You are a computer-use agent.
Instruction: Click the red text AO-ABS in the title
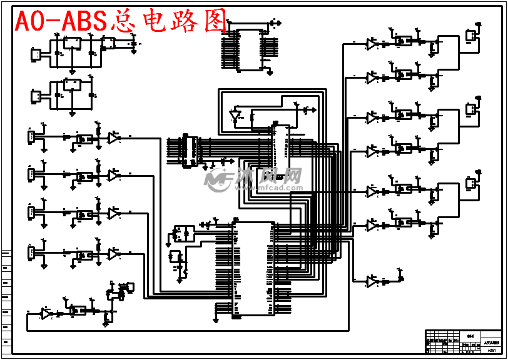point(59,22)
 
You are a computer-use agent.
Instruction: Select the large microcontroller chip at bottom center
point(253,269)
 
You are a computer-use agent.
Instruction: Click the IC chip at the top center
point(250,50)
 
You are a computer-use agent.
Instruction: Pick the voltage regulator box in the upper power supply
point(72,43)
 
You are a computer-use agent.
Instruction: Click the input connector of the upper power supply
point(36,55)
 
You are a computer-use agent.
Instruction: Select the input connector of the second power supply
point(36,96)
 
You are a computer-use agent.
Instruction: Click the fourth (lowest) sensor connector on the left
point(31,252)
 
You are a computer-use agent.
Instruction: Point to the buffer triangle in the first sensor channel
point(114,137)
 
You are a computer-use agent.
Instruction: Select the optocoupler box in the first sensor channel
point(83,139)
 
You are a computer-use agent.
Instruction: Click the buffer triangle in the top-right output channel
point(372,44)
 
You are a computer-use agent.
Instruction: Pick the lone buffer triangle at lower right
point(372,282)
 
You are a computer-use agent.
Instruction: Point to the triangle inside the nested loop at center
point(236,116)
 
